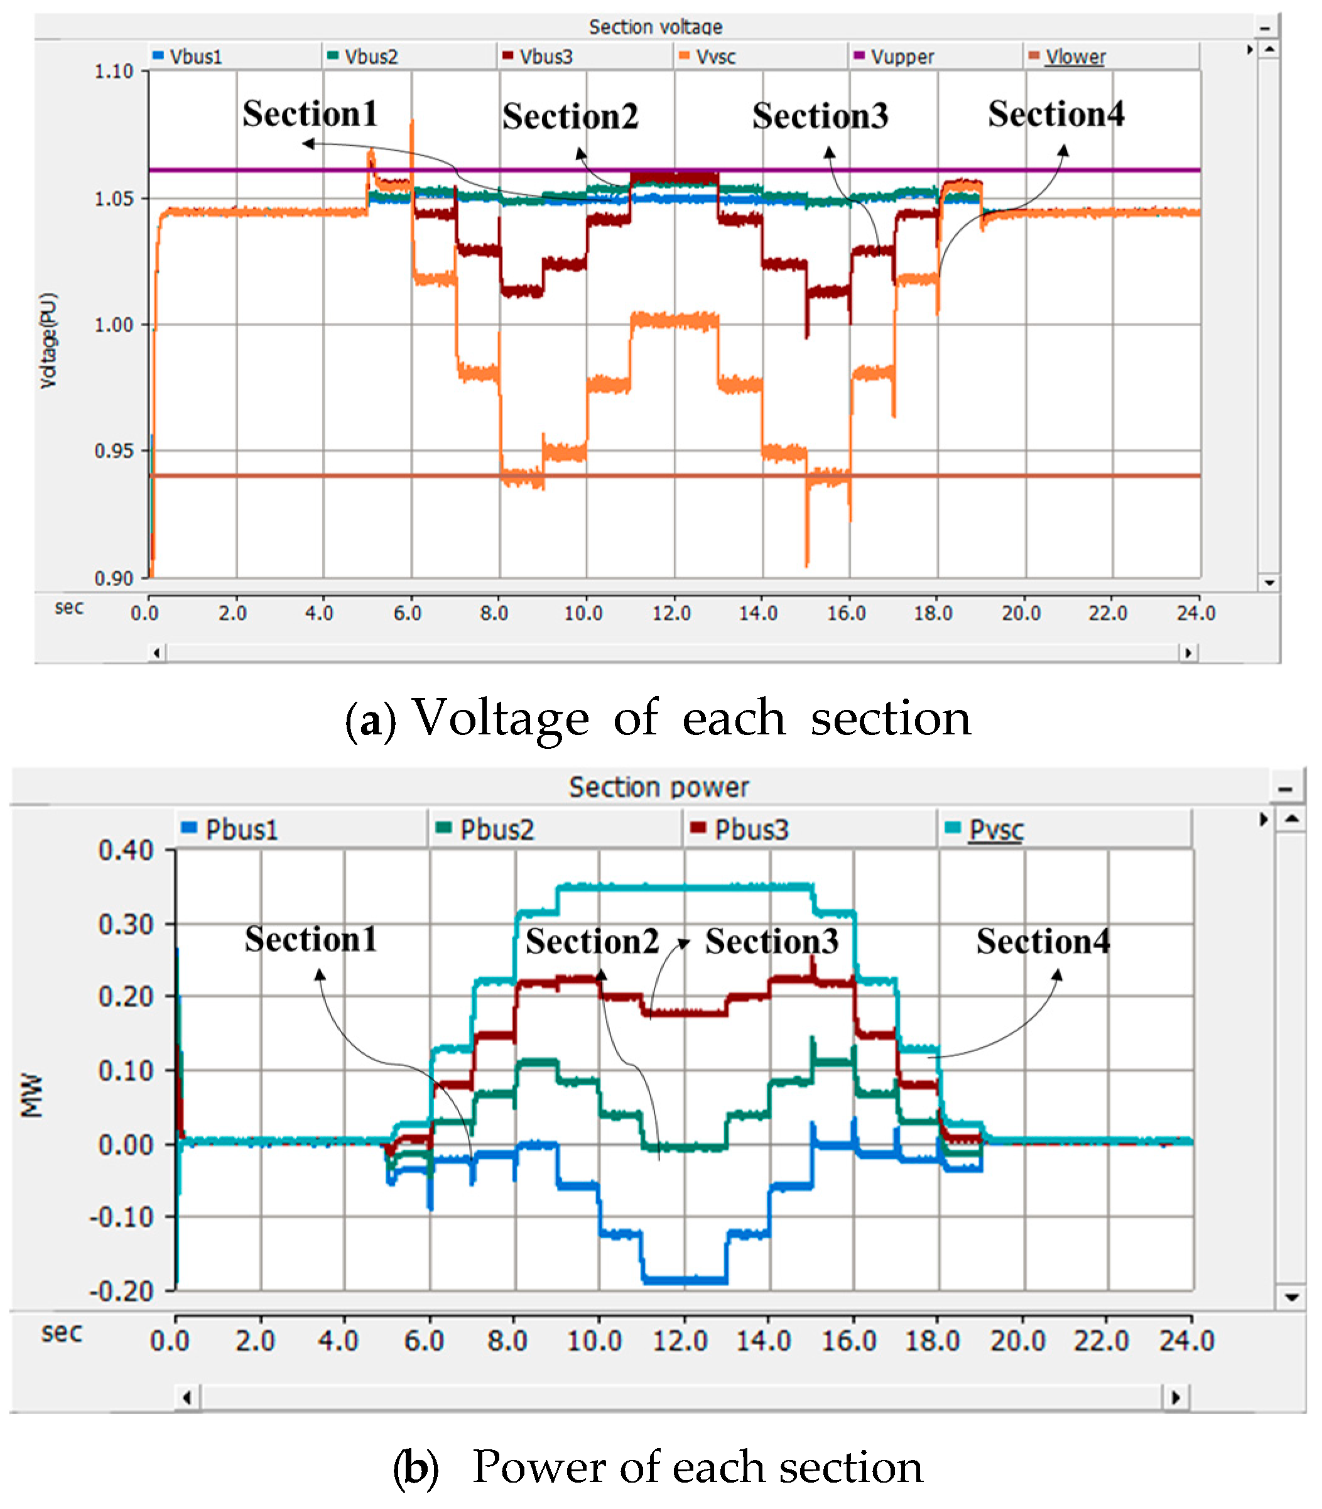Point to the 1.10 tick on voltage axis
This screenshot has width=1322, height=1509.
pos(114,72)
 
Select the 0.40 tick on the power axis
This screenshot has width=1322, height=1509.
pos(126,850)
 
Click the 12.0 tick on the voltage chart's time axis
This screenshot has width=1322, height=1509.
pos(671,613)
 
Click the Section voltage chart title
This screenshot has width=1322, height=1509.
pos(655,26)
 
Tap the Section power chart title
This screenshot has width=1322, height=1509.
pos(658,787)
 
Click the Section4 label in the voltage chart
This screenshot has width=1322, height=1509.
pos(1056,114)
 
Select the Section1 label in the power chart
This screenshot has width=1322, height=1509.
pos(311,939)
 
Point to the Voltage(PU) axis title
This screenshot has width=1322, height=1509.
pos(48,340)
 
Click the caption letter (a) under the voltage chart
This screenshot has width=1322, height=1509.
pos(371,720)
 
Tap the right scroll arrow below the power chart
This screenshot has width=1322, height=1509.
pos(1175,1397)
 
